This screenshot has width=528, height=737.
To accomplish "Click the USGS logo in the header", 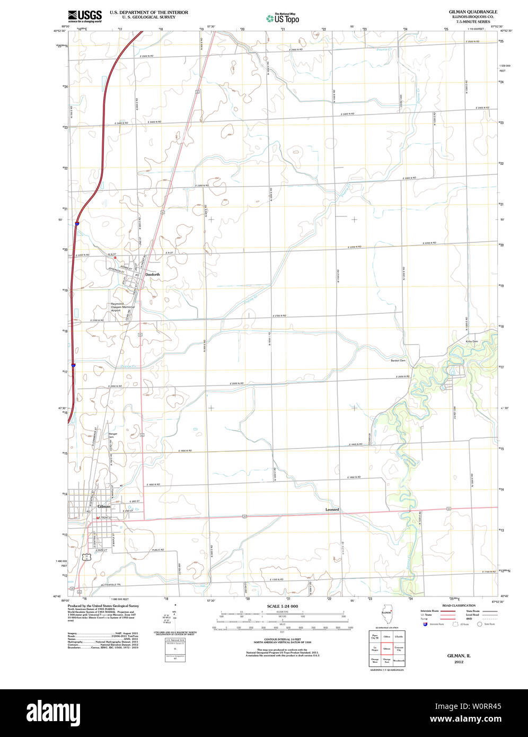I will tap(84, 15).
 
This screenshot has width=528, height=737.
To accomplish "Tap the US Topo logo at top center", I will tap(283, 19).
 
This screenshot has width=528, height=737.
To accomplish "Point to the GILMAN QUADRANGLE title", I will tap(473, 11).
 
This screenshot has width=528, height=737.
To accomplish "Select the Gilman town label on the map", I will tap(104, 506).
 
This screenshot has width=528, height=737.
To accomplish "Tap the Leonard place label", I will tap(332, 510).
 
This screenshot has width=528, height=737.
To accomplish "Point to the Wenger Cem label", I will tap(112, 435).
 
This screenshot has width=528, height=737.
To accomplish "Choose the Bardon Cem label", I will tap(398, 361).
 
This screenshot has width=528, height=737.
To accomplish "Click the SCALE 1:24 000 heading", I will tap(283, 606).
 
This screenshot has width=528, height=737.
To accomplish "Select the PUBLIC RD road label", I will tap(157, 550).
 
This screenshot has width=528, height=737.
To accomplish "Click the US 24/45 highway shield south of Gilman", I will tap(85, 556).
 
